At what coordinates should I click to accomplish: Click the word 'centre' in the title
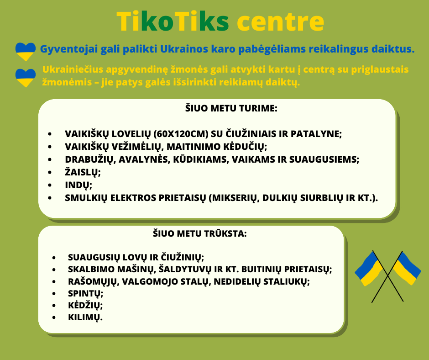[x=280, y=21]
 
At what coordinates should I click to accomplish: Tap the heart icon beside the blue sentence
[x=26, y=51]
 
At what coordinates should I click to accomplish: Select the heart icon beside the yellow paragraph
[x=26, y=78]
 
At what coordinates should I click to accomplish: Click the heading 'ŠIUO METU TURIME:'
[x=231, y=108]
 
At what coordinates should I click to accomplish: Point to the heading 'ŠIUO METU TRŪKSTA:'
[x=200, y=233]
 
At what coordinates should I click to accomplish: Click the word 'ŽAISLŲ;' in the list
[x=83, y=172]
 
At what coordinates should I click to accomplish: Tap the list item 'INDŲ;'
[x=78, y=185]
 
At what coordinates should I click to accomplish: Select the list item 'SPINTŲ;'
[x=86, y=293]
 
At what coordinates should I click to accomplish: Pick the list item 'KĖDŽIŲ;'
[x=85, y=305]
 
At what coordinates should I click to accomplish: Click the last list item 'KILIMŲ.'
[x=85, y=317]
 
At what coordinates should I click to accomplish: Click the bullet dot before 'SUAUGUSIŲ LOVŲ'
[x=54, y=258]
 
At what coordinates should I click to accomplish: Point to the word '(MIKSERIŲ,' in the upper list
[x=234, y=198]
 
